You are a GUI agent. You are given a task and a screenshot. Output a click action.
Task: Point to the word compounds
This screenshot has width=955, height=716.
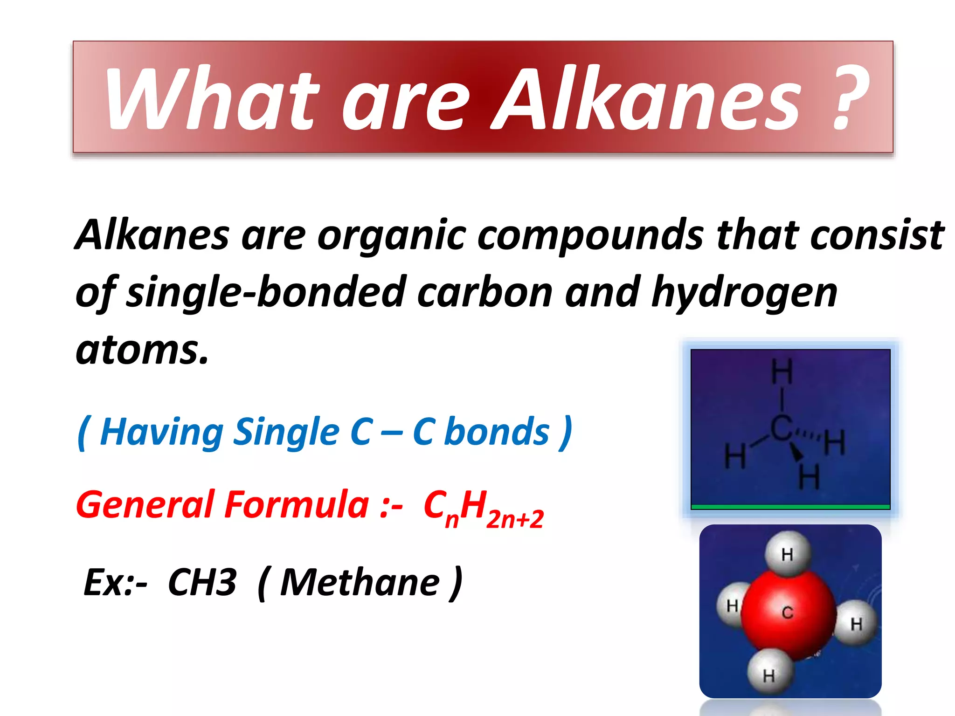tap(590, 235)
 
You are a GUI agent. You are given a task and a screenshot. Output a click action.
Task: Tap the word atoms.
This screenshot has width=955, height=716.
tap(142, 350)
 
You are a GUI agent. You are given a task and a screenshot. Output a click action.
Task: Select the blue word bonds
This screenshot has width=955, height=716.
tap(497, 432)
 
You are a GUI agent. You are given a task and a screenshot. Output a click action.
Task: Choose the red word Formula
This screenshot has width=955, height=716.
tap(297, 505)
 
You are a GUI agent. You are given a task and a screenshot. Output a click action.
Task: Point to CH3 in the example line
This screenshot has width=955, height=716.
tap(202, 582)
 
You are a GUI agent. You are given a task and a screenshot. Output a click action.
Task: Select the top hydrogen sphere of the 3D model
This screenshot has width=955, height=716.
tap(788, 554)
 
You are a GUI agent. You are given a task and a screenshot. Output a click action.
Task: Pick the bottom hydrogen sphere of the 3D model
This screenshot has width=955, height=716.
tap(769, 674)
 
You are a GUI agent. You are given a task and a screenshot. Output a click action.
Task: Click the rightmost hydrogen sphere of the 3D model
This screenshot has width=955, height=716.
tap(856, 623)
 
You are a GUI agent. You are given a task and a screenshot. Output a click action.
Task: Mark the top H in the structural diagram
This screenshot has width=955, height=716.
tap(782, 372)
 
